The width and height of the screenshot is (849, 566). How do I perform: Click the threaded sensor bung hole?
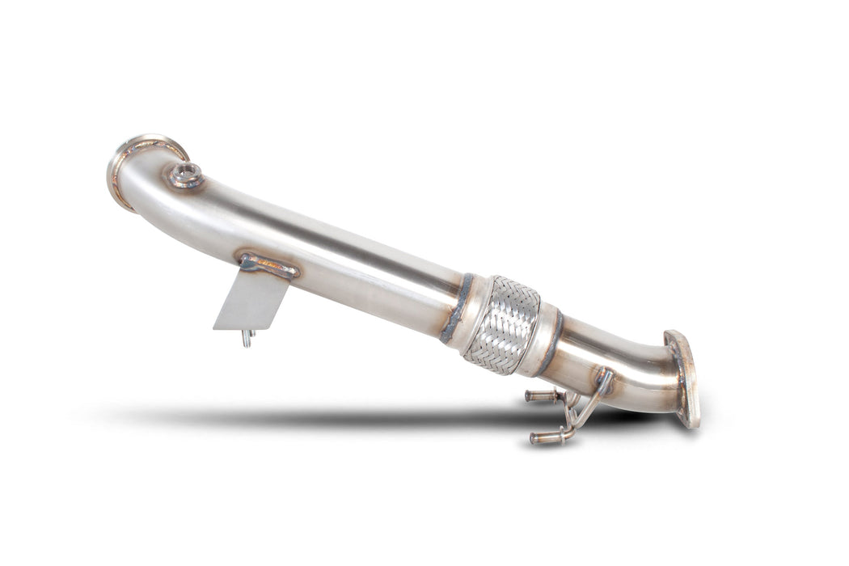[x=185, y=172]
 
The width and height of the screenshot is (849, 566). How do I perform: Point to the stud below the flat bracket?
[x=245, y=339]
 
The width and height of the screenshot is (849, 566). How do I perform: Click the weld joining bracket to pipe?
[x=268, y=264]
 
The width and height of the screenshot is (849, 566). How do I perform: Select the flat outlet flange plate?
[x=684, y=377]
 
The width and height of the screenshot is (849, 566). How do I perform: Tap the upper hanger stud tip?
[x=530, y=395]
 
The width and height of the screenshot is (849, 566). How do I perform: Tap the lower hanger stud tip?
[x=536, y=438]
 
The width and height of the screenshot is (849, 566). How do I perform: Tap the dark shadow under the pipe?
[x=364, y=417]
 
